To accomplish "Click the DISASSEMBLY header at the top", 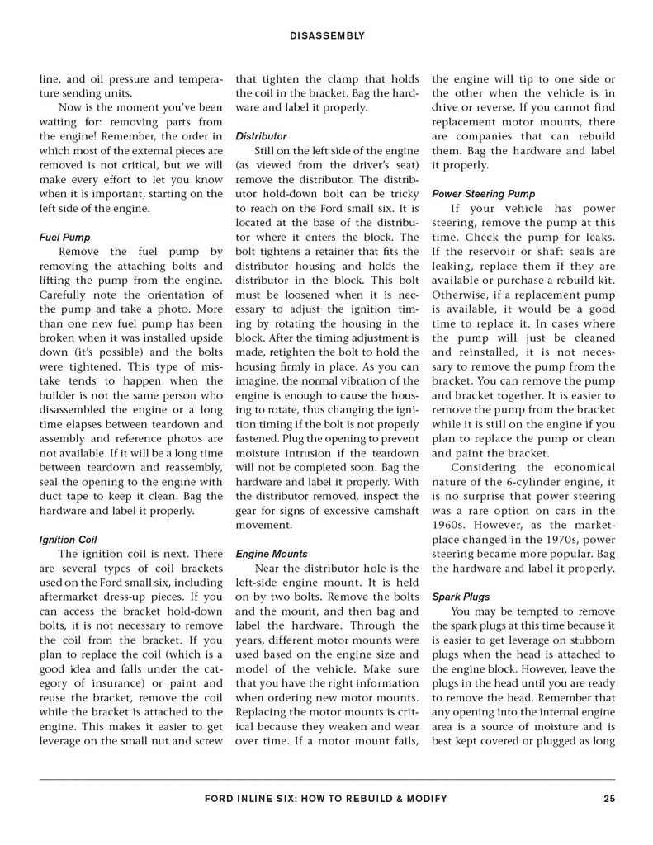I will pos(327,35).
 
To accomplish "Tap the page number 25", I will pos(609,798).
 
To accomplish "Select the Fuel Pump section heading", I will pos(65,237).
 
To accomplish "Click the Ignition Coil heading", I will pos(69,541).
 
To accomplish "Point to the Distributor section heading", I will pos(261,135).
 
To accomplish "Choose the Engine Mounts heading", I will pos(271,554).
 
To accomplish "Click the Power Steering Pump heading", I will pos(483,194).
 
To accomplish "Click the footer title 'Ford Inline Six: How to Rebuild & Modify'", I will pos(325,798).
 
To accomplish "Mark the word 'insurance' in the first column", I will pos(107,683).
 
